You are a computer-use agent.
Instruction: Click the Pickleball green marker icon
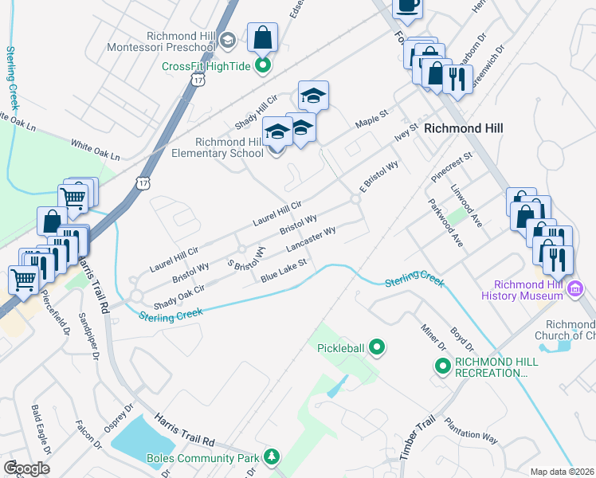[378, 347]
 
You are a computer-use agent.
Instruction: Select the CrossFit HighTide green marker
[262, 66]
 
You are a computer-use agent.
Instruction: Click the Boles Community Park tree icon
[273, 457]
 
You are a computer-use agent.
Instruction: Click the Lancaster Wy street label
[310, 239]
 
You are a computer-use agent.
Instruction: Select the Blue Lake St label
[284, 271]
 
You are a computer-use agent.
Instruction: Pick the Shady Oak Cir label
[179, 296]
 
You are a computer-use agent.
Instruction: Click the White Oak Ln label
[94, 150]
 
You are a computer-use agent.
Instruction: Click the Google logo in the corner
[26, 468]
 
